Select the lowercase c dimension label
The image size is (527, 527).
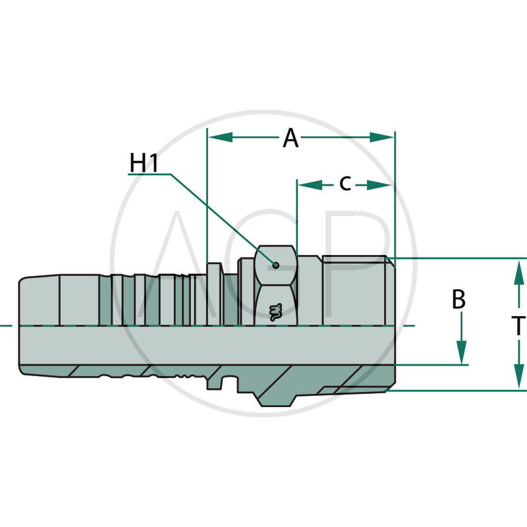tap(345, 184)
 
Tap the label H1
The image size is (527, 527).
tap(144, 163)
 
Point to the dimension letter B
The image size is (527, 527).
tap(459, 300)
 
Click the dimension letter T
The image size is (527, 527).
tap(518, 325)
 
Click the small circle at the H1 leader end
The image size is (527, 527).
tap(276, 265)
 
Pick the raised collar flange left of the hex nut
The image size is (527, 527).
tap(214, 293)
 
